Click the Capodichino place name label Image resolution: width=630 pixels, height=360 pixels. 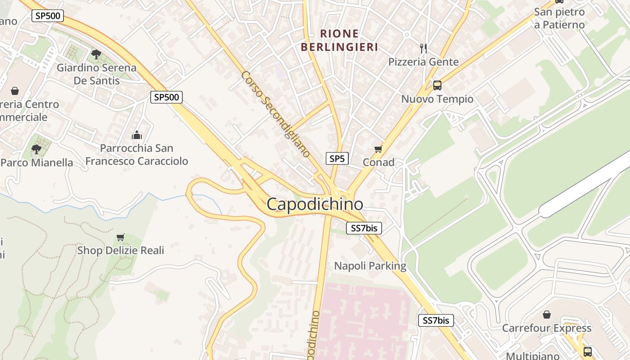[315, 204]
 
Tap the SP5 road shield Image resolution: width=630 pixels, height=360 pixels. [337, 158]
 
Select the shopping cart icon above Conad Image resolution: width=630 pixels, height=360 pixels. [378, 149]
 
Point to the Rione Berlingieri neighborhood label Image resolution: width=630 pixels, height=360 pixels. [339, 40]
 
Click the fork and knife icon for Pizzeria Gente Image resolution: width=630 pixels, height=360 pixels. [423, 48]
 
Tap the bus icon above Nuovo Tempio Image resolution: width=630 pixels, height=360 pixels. [437, 85]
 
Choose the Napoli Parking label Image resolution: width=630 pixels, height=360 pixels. [370, 266]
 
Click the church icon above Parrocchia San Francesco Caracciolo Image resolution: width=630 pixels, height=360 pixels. [136, 135]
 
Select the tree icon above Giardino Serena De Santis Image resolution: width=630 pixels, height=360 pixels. [96, 54]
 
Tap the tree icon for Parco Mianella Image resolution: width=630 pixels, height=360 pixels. [36, 149]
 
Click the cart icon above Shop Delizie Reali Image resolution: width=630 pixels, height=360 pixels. [120, 237]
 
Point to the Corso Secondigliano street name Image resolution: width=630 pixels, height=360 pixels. [275, 114]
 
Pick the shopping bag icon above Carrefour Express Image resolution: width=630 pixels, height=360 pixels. [547, 314]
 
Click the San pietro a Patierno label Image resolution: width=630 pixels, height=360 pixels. [559, 18]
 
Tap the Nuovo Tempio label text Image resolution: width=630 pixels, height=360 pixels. [437, 99]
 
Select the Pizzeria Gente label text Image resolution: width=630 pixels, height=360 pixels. [423, 62]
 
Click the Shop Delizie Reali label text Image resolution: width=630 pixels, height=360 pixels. [121, 250]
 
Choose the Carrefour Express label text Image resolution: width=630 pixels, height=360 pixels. [547, 328]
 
